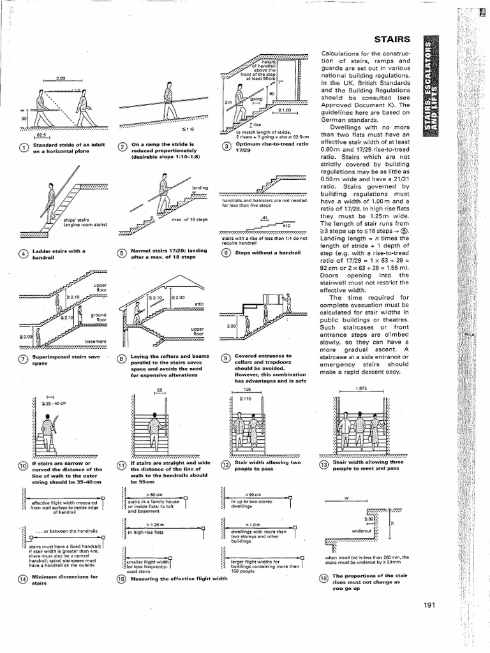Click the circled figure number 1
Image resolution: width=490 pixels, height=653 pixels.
[24, 149]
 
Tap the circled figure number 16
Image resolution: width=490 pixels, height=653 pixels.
[323, 579]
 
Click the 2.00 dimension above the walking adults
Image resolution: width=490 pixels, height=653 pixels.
[62, 78]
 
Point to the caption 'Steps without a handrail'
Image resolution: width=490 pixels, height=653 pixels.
[258, 253]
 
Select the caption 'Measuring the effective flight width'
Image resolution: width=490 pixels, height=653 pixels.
[179, 579]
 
